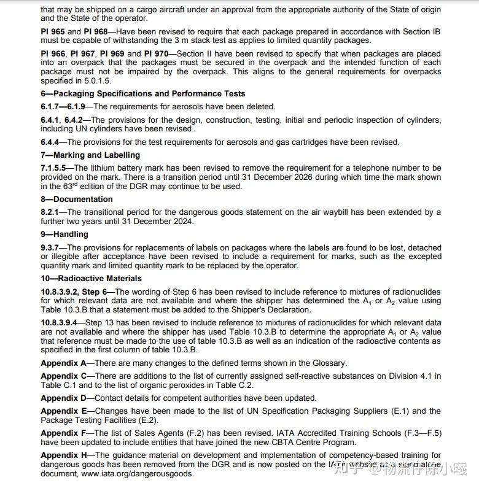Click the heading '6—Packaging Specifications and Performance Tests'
143,94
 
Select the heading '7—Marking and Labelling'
90,155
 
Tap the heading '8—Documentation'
77,199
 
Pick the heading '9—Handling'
64,234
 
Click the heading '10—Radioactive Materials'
91,279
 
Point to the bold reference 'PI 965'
54,31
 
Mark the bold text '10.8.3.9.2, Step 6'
77,292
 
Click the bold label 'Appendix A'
64,363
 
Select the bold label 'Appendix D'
64,398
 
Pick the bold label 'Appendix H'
64,455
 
